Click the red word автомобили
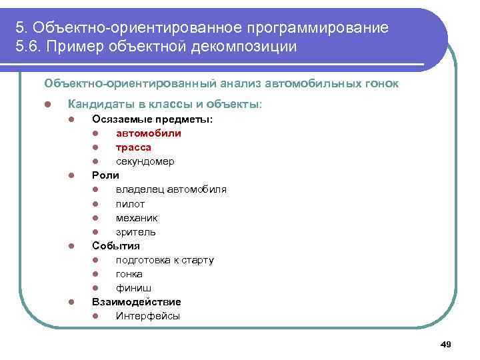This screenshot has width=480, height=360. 148,133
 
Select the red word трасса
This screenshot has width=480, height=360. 133,147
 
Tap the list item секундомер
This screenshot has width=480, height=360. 145,161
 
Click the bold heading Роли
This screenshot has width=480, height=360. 105,175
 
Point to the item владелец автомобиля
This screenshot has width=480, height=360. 171,189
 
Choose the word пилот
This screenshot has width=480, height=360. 130,204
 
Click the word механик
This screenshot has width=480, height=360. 136,218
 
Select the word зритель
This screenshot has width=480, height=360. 135,232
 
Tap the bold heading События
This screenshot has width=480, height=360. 115,246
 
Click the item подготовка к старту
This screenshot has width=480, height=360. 165,260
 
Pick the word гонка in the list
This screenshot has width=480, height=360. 129,274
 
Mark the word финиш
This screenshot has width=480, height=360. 133,288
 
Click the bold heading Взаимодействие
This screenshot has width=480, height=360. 136,302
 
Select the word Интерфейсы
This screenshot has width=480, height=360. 147,316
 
